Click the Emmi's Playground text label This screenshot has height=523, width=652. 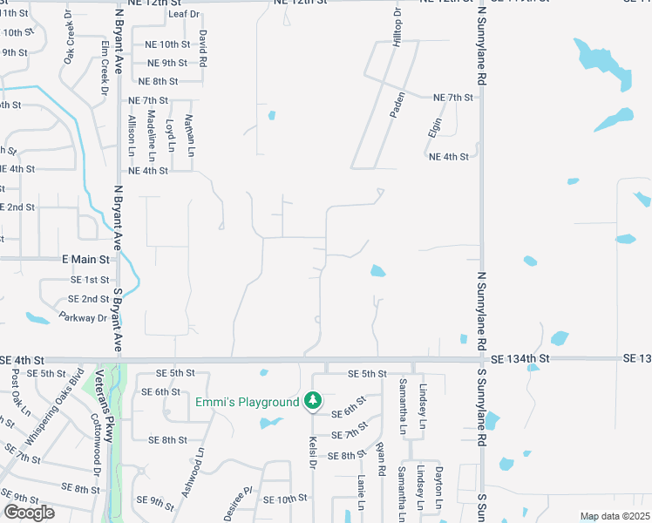click(x=247, y=402)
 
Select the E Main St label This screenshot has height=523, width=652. click(x=85, y=260)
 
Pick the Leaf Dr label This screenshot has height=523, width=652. click(x=184, y=15)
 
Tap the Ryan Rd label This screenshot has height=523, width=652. click(x=381, y=458)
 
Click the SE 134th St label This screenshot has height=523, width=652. click(x=520, y=358)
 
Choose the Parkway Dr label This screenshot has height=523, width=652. click(x=84, y=318)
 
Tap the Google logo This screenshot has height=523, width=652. click(x=29, y=513)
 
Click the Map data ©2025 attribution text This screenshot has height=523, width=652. click(x=615, y=516)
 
